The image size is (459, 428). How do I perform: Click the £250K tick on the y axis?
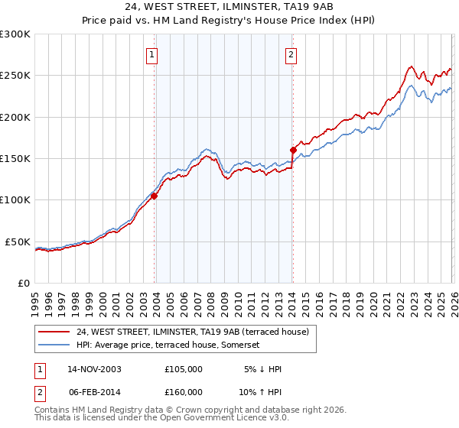(x=15, y=76)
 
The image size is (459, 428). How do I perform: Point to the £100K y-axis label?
(x=15, y=199)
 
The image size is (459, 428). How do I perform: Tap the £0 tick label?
(x=23, y=283)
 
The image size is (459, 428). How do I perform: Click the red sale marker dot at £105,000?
(x=154, y=196)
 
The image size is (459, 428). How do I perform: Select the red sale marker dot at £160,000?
(x=293, y=150)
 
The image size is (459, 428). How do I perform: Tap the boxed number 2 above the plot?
(x=291, y=54)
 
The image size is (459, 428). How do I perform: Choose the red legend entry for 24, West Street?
(x=191, y=332)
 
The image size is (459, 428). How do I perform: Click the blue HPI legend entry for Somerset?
(x=168, y=345)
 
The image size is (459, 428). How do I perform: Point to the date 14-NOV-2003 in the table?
(x=94, y=369)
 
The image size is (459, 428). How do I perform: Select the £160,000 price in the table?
(x=184, y=391)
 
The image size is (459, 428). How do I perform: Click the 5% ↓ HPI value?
(x=262, y=369)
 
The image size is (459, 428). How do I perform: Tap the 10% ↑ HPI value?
(x=262, y=391)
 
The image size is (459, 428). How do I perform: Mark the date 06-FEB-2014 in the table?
(x=94, y=391)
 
